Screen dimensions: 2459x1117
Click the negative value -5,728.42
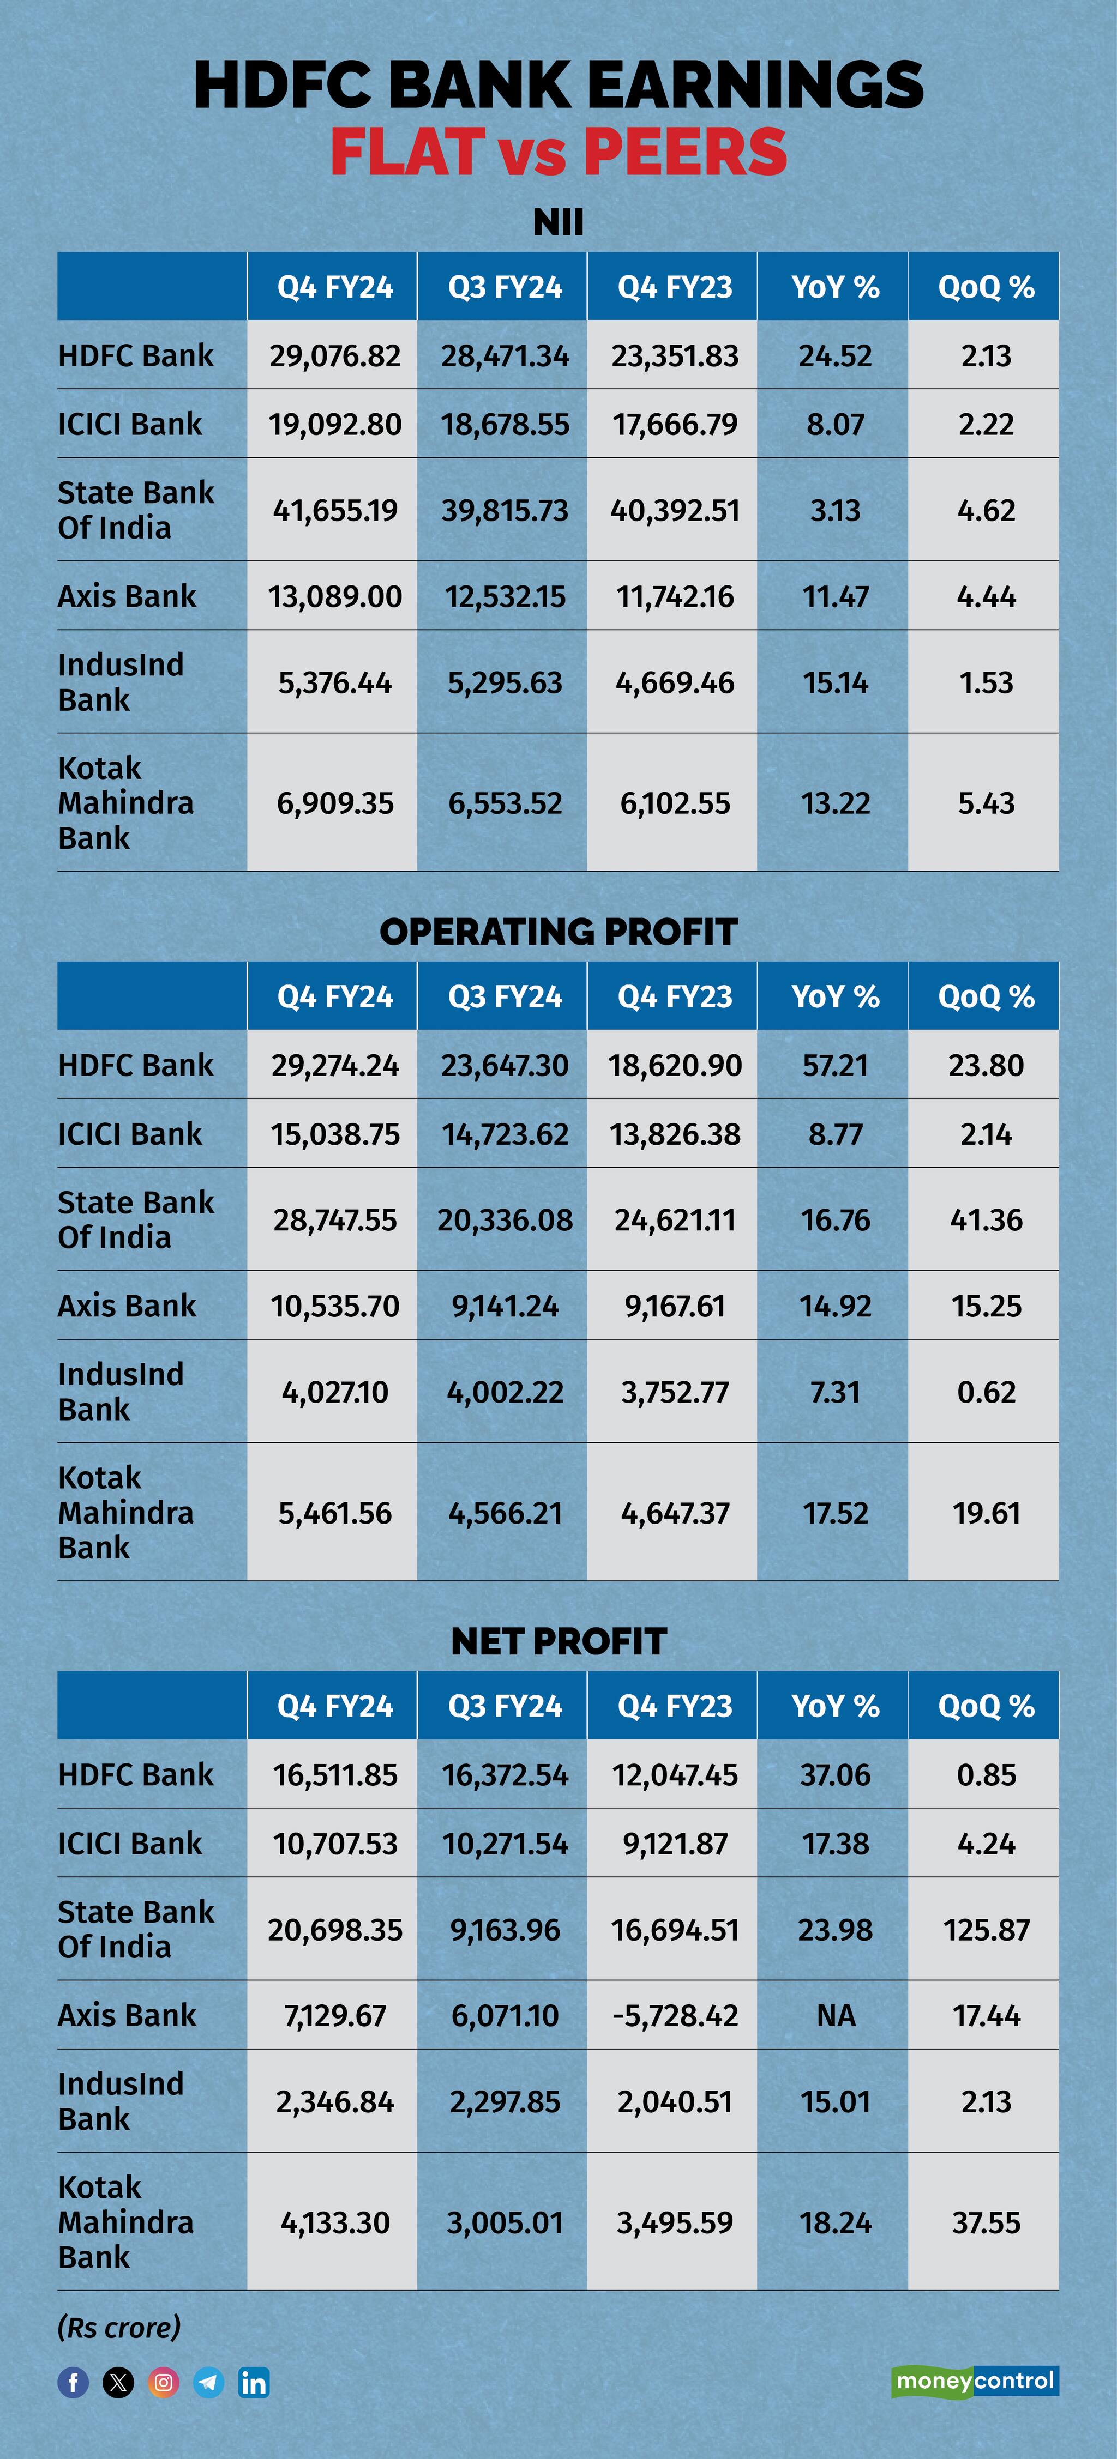point(675,2015)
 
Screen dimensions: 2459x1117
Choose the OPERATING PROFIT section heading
point(558,932)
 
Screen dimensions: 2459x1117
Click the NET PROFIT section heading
point(558,1641)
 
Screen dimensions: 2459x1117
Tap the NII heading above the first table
point(558,222)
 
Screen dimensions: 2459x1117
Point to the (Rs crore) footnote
point(119,2327)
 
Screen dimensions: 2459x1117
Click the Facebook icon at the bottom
point(74,2383)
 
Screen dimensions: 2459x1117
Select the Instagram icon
point(163,2383)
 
